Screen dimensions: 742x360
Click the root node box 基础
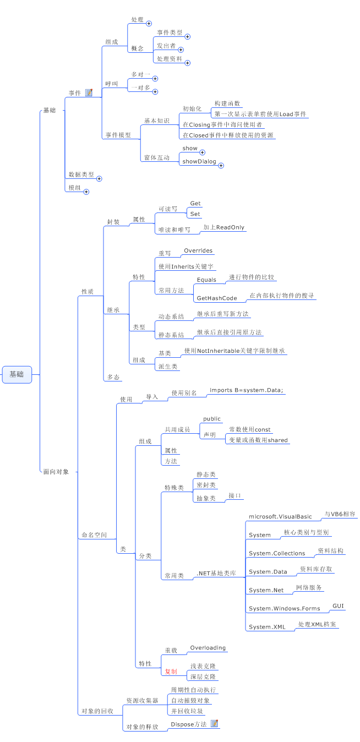click(x=17, y=374)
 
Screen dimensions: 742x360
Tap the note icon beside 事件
click(x=89, y=92)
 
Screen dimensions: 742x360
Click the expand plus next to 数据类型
click(x=99, y=178)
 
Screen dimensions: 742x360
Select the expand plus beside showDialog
click(x=221, y=165)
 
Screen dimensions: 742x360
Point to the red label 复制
click(x=171, y=672)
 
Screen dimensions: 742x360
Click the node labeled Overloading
click(x=208, y=648)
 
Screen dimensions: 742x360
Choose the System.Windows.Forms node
click(x=284, y=608)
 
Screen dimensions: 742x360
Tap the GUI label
click(x=338, y=605)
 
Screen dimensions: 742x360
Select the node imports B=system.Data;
click(x=246, y=390)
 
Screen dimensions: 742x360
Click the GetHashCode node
click(x=216, y=298)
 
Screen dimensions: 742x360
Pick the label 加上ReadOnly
click(x=223, y=227)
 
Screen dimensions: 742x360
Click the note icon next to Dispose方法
click(x=215, y=723)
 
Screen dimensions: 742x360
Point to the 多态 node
click(x=113, y=378)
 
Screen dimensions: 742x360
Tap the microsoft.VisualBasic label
click(x=280, y=516)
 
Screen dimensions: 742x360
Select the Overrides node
click(x=198, y=250)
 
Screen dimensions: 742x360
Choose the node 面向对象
click(x=56, y=472)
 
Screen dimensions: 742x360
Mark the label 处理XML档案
click(x=318, y=624)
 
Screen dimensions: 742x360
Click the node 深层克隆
click(x=203, y=676)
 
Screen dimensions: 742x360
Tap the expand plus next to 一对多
click(x=155, y=91)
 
